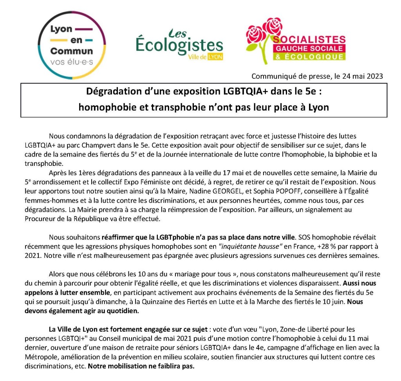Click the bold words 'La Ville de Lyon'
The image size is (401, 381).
click(x=72, y=329)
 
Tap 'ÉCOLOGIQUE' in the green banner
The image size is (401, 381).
click(x=310, y=57)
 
